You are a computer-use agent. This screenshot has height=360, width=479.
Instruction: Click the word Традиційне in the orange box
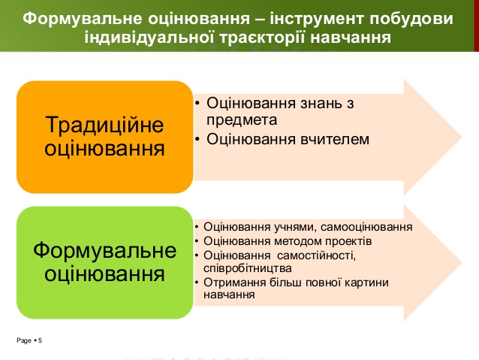(104, 125)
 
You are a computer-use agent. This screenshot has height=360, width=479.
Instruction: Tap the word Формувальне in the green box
(105, 250)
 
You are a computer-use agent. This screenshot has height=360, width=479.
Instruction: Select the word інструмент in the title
(317, 20)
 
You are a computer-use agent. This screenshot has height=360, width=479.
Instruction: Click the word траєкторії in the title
(262, 38)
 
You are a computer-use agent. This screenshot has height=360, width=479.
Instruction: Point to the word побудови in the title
(411, 20)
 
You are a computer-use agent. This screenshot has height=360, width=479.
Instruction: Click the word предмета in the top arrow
(242, 119)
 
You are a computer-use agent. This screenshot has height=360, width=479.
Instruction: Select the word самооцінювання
(366, 227)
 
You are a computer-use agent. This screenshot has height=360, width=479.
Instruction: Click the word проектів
(348, 241)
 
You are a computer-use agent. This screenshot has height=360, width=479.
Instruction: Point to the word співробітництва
(248, 268)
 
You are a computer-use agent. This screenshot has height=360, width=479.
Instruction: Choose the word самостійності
(317, 255)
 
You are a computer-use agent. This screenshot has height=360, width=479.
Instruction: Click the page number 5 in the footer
(40, 340)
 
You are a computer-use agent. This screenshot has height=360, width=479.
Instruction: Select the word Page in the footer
(24, 340)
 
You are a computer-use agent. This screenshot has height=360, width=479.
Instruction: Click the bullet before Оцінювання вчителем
(197, 140)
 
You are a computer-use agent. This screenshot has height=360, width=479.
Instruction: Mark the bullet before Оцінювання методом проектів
(197, 241)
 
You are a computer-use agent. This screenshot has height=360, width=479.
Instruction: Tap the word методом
(298, 241)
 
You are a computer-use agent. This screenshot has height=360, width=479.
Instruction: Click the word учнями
(295, 227)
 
